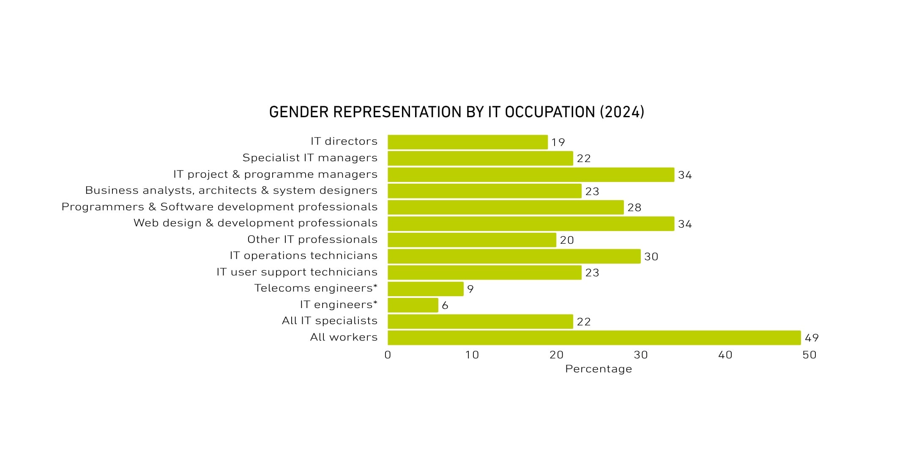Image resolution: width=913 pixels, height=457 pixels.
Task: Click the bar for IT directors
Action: point(467,142)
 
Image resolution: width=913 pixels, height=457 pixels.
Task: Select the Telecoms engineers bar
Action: point(425,289)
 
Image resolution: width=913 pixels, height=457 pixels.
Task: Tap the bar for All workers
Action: point(594,338)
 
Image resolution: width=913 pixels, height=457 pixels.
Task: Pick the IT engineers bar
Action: point(413,305)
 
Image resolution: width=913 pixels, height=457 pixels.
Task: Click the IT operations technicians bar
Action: point(514,256)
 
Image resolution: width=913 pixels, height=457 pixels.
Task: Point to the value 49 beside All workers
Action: point(812,338)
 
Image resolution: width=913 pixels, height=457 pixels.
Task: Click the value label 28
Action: point(634,208)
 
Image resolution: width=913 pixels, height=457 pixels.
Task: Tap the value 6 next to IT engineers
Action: point(445,306)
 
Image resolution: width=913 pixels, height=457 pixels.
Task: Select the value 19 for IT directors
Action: point(558,143)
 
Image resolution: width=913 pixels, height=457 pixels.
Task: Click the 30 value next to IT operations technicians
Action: point(651,257)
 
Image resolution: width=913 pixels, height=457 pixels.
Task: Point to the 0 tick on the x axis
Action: point(388,355)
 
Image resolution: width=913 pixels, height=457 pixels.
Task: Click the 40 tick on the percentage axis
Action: point(725,355)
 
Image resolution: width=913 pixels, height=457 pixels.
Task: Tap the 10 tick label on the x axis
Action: point(472,355)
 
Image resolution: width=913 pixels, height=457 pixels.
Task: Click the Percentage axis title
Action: point(599,369)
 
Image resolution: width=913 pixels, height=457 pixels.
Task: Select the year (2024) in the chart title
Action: point(622,112)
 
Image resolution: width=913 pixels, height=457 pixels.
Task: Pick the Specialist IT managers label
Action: point(310,158)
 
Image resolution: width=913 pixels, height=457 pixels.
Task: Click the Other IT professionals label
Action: point(312,240)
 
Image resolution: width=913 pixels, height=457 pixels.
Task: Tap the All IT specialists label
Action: point(330,321)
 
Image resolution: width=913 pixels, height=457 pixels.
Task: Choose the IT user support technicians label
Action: point(297,272)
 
